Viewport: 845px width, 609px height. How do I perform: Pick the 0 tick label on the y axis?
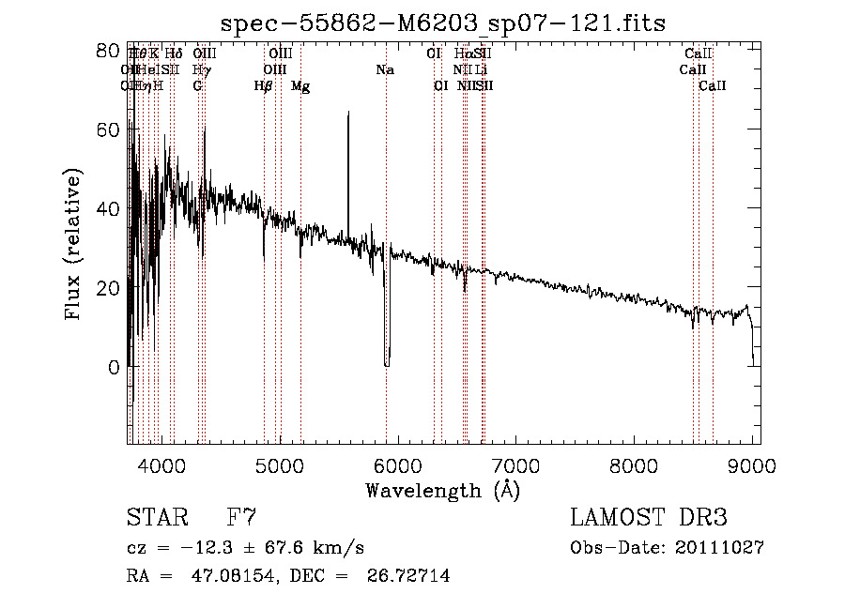click(114, 367)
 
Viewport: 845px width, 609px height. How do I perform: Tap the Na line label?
click(385, 70)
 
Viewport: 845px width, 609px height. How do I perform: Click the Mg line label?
click(300, 86)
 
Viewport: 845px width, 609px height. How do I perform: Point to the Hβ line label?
click(264, 86)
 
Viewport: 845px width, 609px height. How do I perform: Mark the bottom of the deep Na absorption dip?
click(386, 364)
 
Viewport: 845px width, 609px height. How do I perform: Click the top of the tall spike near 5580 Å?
click(348, 113)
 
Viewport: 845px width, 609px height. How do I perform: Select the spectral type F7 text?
click(241, 518)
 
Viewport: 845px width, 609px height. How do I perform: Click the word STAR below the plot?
click(157, 518)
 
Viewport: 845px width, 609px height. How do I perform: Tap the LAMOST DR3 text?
click(649, 518)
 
